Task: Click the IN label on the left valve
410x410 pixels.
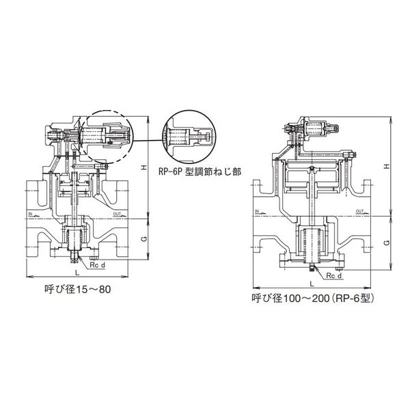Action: (30, 214)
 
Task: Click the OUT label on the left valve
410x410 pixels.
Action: (117, 214)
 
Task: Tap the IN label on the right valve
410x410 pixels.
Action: (256, 211)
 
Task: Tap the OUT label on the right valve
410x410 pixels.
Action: (360, 211)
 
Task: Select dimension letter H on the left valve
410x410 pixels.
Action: (143, 167)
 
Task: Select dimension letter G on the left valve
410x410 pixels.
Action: (144, 238)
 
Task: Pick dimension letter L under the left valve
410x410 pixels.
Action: (77, 273)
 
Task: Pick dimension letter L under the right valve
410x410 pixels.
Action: (312, 284)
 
